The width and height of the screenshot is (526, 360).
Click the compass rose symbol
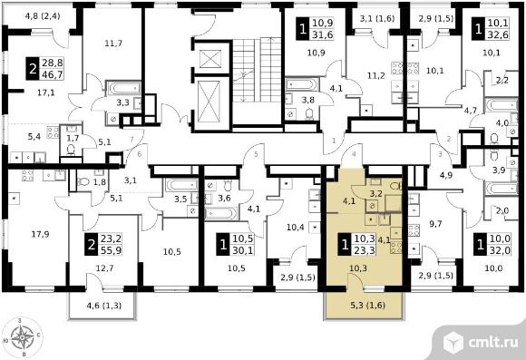(x=22, y=336)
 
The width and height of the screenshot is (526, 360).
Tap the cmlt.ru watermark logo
(x=481, y=342)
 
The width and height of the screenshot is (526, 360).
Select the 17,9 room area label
(x=40, y=234)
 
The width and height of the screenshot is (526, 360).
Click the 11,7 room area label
(x=113, y=43)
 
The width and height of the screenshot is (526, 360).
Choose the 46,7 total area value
(x=52, y=74)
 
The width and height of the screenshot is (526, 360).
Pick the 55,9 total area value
(x=111, y=250)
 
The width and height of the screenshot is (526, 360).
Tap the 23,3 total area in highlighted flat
(x=365, y=250)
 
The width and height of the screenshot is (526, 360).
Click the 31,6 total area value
(x=322, y=34)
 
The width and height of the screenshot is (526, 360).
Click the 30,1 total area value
(x=242, y=250)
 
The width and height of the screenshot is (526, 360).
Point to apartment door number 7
(x=131, y=139)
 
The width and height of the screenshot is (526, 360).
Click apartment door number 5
(x=256, y=154)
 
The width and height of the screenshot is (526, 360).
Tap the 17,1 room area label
(x=46, y=92)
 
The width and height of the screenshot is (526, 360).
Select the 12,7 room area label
(x=104, y=268)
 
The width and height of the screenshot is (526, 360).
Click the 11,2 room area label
(x=375, y=76)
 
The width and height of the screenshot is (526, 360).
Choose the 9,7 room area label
(x=435, y=224)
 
